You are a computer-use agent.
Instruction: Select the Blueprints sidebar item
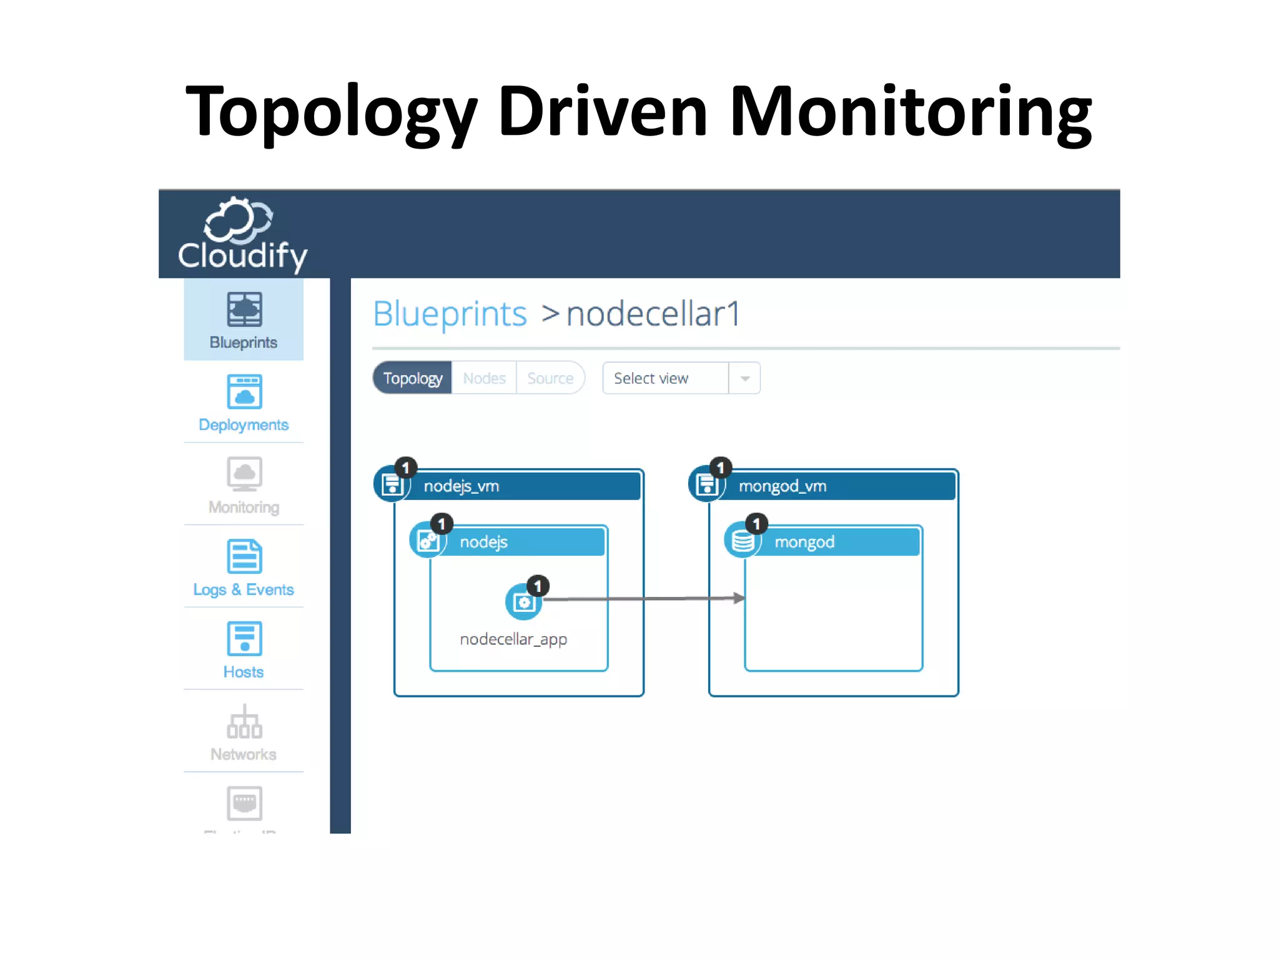coord(244,320)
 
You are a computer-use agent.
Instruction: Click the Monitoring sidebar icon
coord(244,475)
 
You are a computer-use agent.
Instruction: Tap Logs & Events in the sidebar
coord(244,567)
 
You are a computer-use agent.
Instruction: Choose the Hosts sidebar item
coord(244,649)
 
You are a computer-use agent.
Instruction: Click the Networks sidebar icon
coord(244,722)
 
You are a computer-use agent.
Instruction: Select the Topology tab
coord(413,378)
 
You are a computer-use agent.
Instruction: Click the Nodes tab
coord(484,378)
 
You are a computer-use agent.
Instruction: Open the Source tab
coord(550,378)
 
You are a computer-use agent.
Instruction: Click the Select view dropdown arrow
coord(744,378)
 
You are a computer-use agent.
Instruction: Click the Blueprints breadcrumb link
coord(450,313)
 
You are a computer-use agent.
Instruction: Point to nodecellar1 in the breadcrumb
coord(653,313)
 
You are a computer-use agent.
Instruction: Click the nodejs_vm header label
coord(462,486)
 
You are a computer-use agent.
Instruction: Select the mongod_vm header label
coord(783,486)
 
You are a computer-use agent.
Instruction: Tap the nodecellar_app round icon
coord(523,602)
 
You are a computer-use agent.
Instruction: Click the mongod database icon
coord(743,541)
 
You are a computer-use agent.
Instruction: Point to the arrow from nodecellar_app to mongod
coord(643,599)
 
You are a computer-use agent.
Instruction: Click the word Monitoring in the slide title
coord(910,112)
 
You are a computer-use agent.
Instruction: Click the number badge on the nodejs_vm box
coord(405,468)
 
